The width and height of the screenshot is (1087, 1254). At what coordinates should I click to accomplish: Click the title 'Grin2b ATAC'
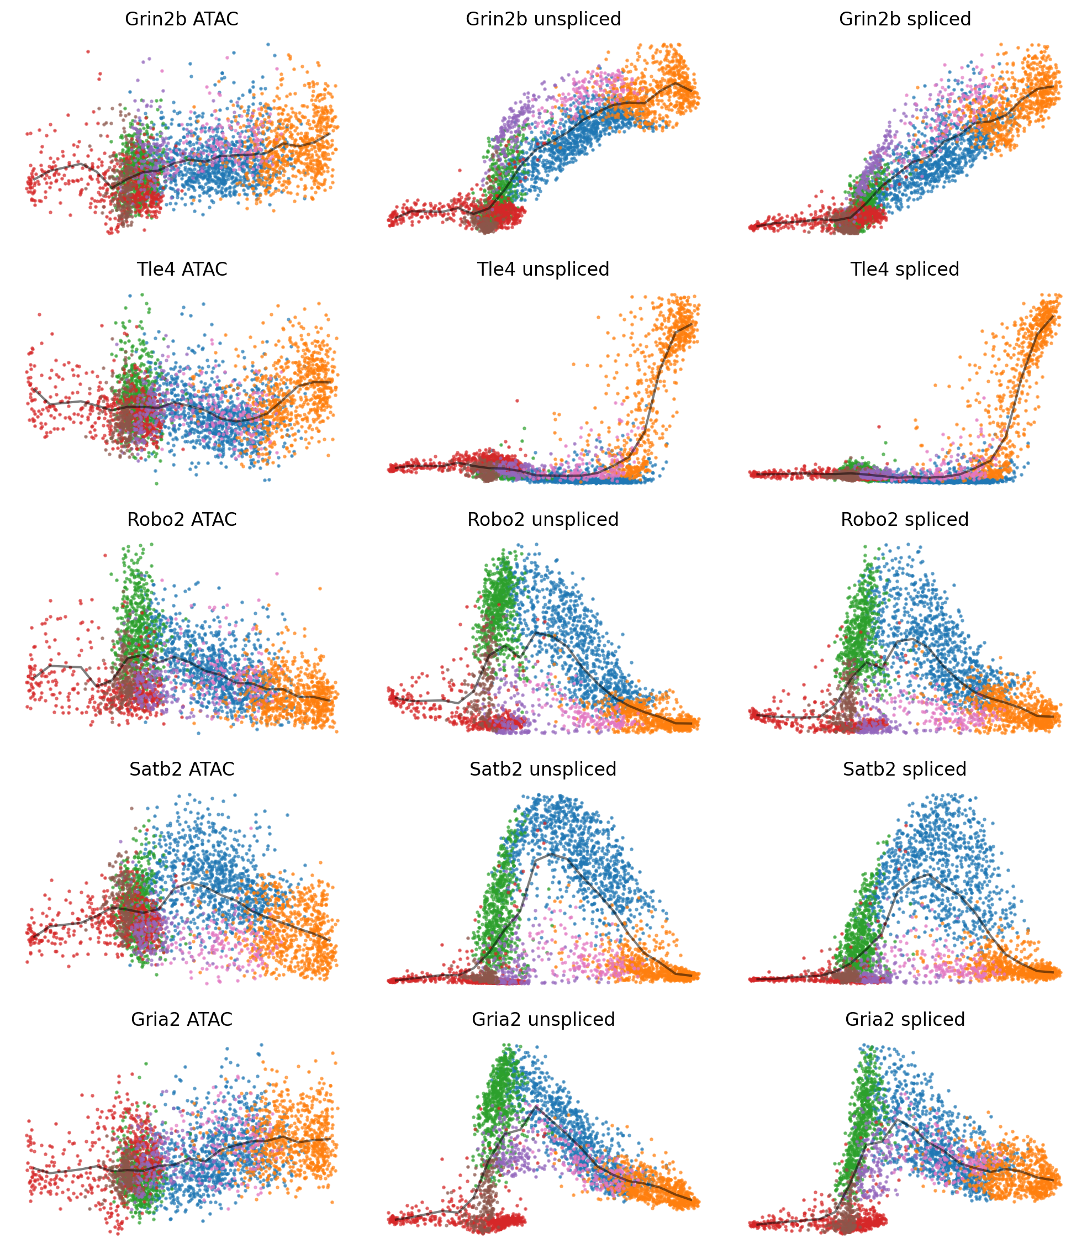tap(181, 19)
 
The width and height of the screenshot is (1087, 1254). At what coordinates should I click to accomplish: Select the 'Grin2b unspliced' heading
tap(543, 19)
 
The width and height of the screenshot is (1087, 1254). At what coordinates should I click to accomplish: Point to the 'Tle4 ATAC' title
tap(181, 270)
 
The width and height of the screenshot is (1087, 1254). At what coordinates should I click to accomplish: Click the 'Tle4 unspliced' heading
tap(543, 270)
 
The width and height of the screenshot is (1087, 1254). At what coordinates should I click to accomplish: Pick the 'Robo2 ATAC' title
tap(181, 520)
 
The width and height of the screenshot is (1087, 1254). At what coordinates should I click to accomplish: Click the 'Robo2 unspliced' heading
tap(543, 520)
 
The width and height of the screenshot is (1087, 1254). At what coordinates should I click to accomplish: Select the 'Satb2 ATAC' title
tap(181, 770)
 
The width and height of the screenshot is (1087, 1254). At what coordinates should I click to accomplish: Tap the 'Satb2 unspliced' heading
tap(543, 770)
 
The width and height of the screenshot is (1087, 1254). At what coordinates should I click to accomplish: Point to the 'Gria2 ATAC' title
tap(181, 1019)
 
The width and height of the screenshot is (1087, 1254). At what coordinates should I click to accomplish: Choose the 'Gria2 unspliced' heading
tap(543, 1019)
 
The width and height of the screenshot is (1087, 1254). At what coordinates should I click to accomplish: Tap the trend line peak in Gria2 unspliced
tap(536, 1107)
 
